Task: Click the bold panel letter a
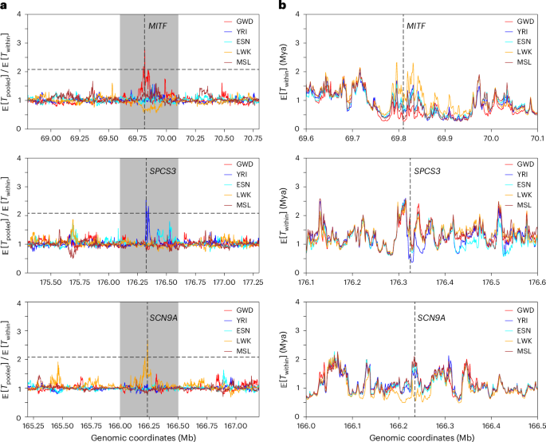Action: (x=5, y=6)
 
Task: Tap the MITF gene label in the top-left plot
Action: (x=159, y=26)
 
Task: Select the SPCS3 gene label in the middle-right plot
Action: (x=425, y=171)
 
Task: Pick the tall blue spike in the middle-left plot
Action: (x=147, y=199)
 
